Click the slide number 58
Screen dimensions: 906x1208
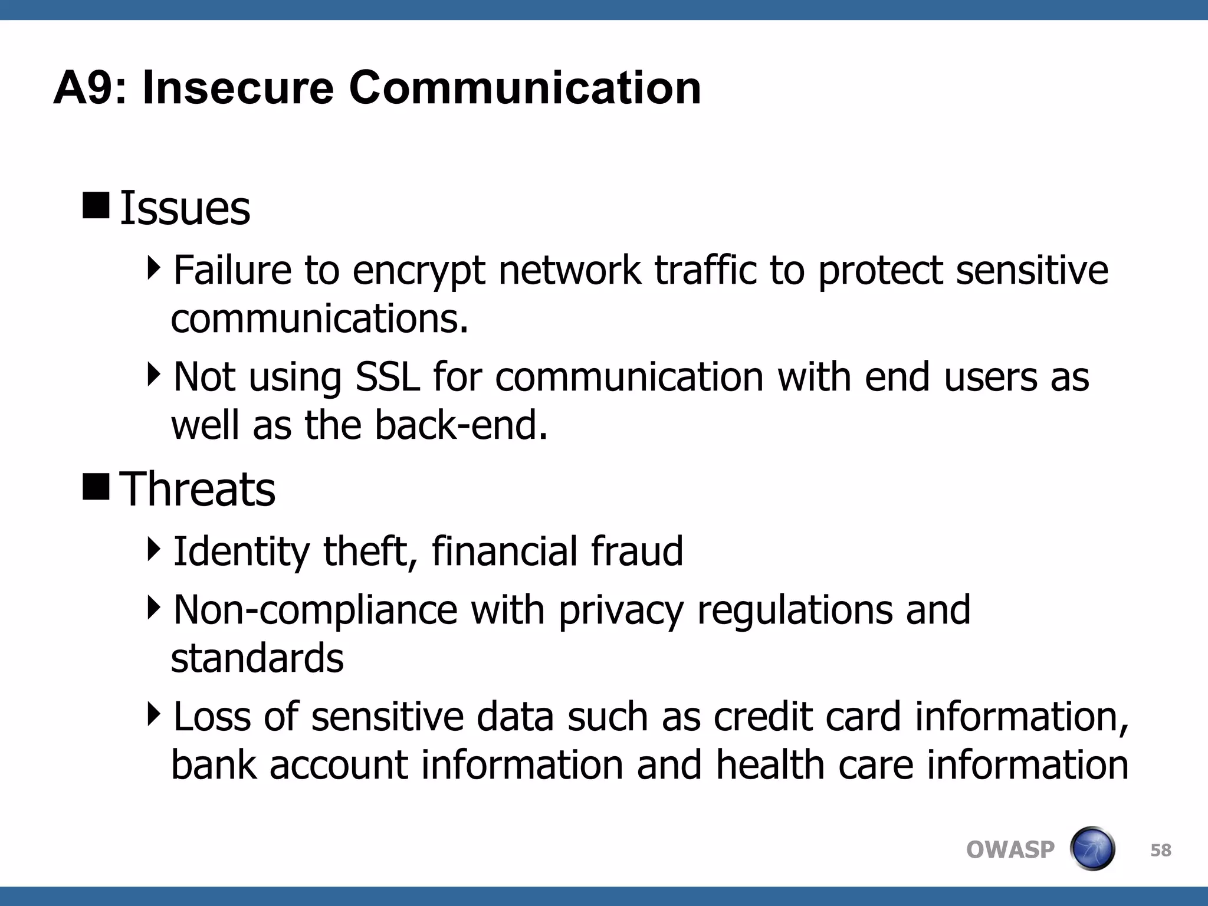click(x=1160, y=850)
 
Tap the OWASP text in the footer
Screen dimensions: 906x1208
click(x=1010, y=850)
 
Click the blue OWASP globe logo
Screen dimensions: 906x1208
click(x=1092, y=849)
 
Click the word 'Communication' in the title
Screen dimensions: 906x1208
click(x=524, y=88)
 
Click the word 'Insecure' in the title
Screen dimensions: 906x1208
click(x=238, y=88)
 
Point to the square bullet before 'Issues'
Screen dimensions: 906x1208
click(x=96, y=205)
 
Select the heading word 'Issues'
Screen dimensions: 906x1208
click(x=185, y=209)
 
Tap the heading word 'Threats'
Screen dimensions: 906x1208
click(x=197, y=490)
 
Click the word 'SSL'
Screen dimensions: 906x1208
click(x=388, y=377)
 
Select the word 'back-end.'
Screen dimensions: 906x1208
click(x=461, y=425)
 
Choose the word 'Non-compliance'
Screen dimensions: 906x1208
click(x=315, y=610)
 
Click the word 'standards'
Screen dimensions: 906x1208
click(x=257, y=659)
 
